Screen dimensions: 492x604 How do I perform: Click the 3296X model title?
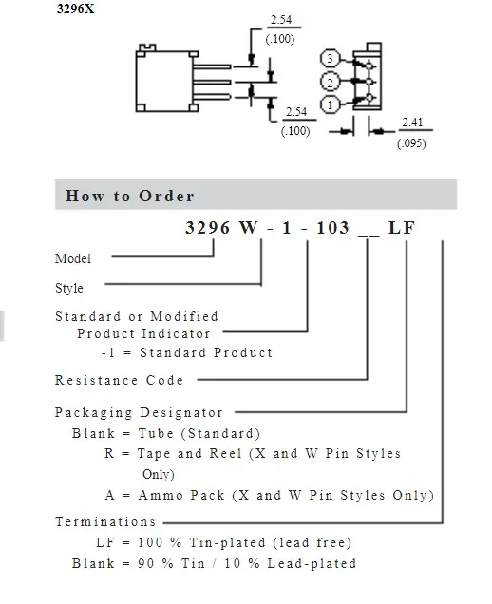click(76, 9)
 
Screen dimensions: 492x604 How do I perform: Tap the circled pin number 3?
click(330, 59)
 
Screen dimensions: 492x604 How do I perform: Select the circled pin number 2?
click(330, 82)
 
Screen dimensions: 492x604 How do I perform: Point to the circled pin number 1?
click(330, 104)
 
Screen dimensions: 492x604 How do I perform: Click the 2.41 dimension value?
click(412, 123)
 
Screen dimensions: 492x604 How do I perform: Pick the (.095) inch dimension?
click(411, 143)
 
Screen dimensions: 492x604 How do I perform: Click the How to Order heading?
click(130, 196)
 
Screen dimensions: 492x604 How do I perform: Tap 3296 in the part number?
click(207, 228)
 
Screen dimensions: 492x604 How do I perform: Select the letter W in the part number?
click(249, 228)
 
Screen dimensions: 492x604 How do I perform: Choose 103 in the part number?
click(332, 228)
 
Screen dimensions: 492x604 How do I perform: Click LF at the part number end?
click(402, 228)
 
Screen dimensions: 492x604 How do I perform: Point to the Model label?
click(73, 258)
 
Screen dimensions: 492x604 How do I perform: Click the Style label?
click(69, 288)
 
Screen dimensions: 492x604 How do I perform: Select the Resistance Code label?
click(119, 380)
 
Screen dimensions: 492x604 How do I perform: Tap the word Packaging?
click(94, 412)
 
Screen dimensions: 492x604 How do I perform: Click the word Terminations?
click(105, 521)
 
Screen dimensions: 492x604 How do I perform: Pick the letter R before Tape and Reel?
click(109, 453)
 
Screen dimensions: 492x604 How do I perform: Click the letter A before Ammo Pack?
click(110, 495)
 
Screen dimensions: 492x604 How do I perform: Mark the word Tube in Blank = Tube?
click(156, 433)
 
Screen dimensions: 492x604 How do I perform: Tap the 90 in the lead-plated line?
click(145, 563)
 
